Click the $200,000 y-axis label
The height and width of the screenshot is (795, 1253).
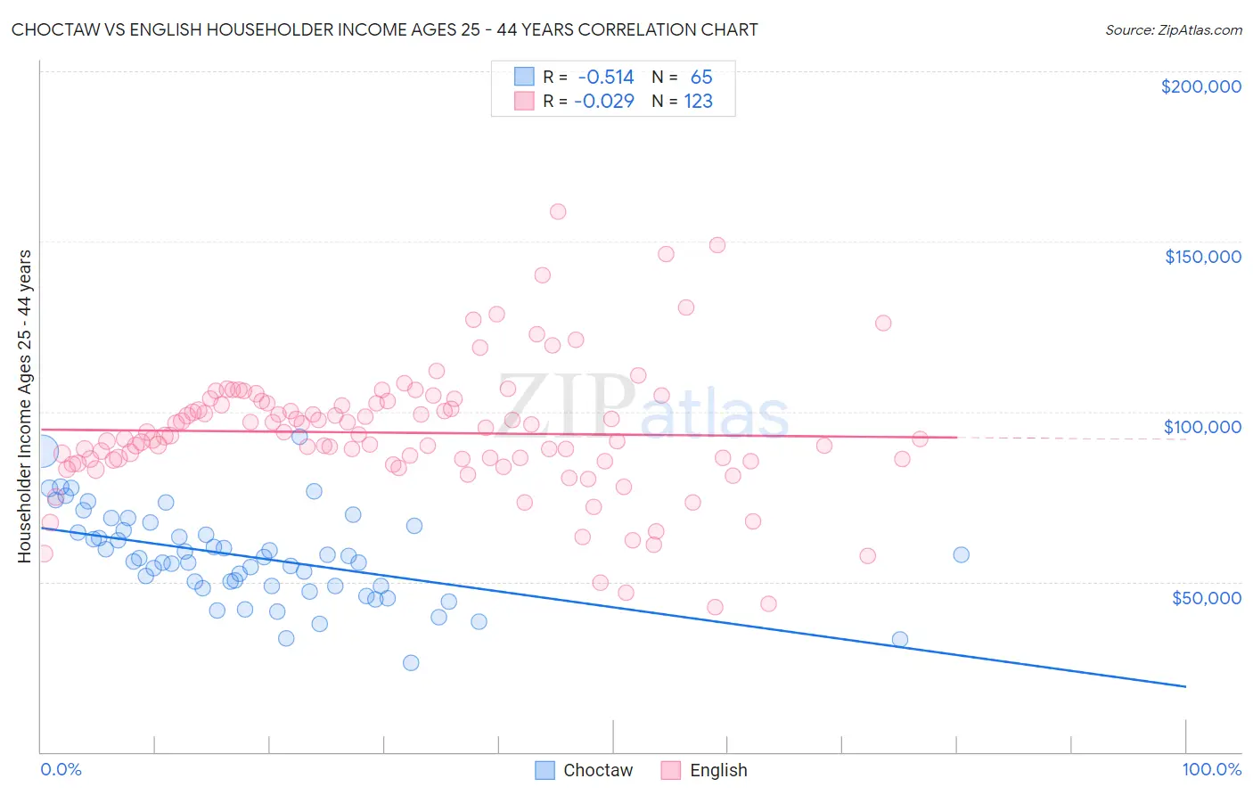click(x=1200, y=86)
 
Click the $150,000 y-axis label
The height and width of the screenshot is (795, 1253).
click(x=1202, y=257)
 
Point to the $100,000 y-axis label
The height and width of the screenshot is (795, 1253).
click(x=1202, y=427)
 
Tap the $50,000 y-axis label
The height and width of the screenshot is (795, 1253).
click(x=1206, y=597)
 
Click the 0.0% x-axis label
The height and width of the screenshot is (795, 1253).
click(x=61, y=769)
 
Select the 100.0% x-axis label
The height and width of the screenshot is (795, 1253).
click(x=1211, y=769)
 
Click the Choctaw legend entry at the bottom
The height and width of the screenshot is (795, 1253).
click(x=597, y=770)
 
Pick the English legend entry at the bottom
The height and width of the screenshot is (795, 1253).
click(x=718, y=770)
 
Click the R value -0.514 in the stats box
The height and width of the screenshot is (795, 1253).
click(x=606, y=78)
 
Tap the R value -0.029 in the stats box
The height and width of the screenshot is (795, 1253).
click(x=604, y=101)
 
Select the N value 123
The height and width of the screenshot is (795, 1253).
click(x=698, y=101)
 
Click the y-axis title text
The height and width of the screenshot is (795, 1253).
click(x=24, y=406)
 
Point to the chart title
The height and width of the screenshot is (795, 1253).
click(x=384, y=29)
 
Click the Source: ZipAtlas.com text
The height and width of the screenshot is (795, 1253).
click(x=1173, y=29)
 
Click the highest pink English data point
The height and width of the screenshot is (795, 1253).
click(x=558, y=212)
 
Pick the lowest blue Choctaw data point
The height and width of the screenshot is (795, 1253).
click(x=411, y=662)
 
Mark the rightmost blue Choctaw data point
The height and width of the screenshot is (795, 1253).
click(x=961, y=554)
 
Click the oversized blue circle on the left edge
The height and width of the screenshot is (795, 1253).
click(x=39, y=453)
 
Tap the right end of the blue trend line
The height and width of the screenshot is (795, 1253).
click(x=1185, y=686)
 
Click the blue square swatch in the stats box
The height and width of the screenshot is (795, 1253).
click(x=524, y=77)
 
